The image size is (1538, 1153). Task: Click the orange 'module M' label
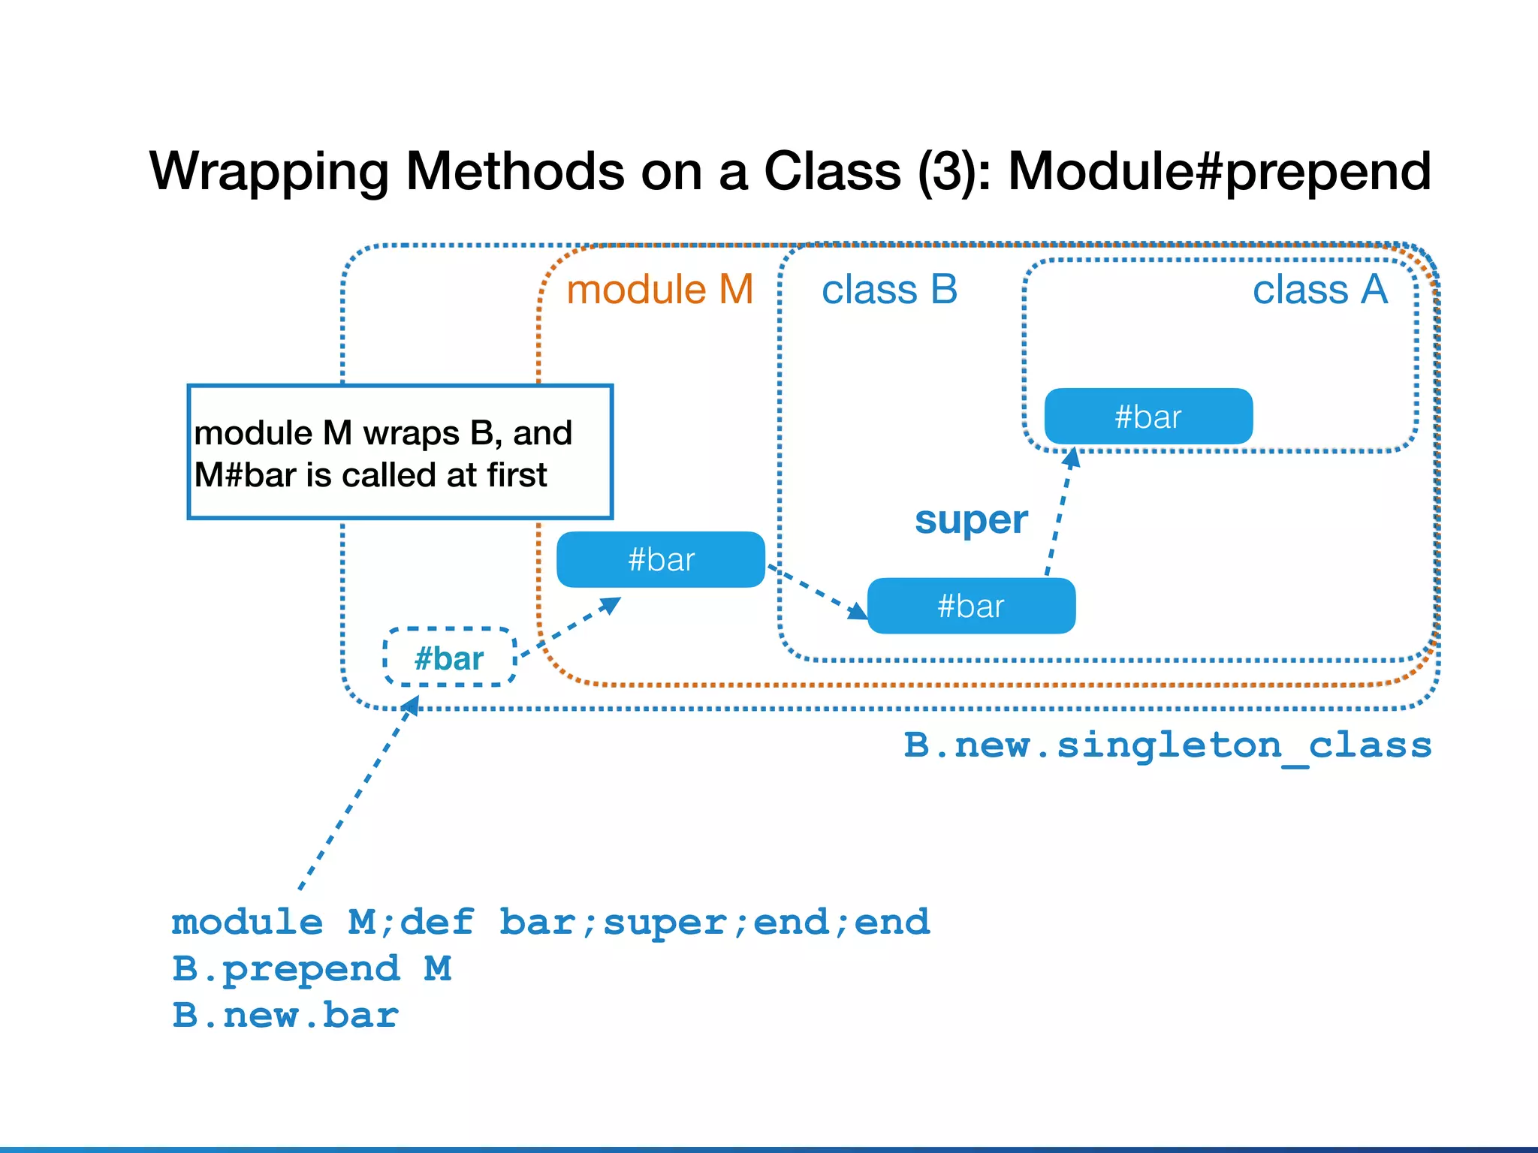coord(659,290)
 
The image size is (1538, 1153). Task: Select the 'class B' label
coord(889,290)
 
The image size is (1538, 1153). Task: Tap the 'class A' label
coord(1319,290)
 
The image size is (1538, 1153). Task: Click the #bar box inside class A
coord(1148,417)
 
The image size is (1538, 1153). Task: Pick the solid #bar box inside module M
coord(660,560)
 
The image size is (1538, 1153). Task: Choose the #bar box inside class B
coord(971,606)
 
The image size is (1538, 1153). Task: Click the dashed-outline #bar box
coord(449,658)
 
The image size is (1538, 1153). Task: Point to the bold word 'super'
coord(970,519)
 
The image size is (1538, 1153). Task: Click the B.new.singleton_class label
coord(1167,745)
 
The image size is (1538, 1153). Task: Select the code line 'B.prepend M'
coord(311,968)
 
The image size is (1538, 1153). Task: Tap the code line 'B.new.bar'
coord(285,1015)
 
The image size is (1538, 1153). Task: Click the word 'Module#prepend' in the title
coord(1219,171)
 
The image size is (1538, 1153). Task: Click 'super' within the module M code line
coord(665,923)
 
